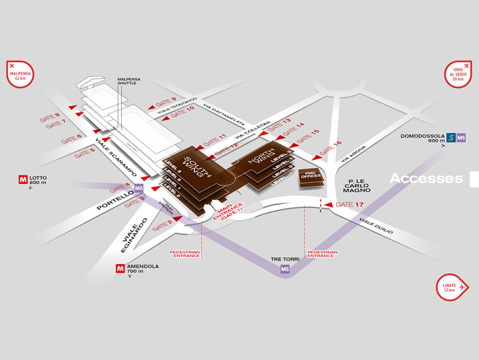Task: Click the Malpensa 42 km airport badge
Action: click(x=20, y=74)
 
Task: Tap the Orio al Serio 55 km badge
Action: click(x=458, y=74)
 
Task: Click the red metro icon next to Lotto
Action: click(x=23, y=179)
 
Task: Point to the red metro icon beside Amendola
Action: click(x=121, y=268)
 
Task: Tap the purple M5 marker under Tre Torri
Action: click(x=285, y=269)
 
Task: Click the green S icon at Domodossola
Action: click(x=451, y=138)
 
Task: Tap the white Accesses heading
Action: click(x=426, y=178)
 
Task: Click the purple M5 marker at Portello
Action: click(x=139, y=188)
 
